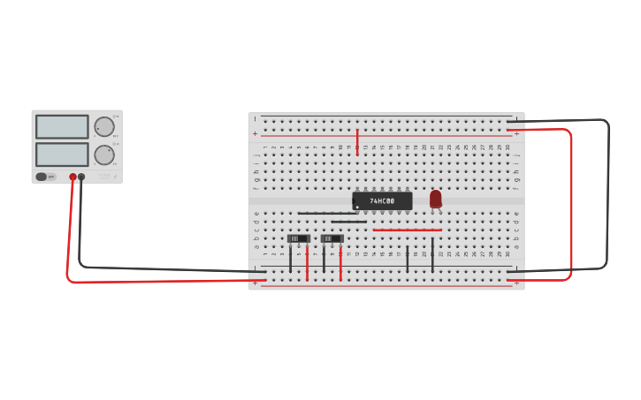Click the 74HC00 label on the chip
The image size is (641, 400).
(383, 201)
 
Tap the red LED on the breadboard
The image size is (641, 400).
(436, 199)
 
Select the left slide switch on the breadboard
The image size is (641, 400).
(299, 238)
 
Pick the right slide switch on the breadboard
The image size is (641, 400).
(332, 238)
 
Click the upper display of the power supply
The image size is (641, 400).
(62, 127)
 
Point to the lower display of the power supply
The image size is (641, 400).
(62, 155)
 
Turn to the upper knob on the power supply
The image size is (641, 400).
(104, 126)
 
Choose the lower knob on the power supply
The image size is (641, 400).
(104, 155)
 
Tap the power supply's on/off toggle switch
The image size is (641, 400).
(41, 177)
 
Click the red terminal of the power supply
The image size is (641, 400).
(72, 177)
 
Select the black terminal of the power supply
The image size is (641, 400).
(81, 177)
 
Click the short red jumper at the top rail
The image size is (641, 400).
(357, 142)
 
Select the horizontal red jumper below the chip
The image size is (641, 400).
(407, 230)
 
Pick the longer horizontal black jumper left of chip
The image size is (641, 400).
(327, 214)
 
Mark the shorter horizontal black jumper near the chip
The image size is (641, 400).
(348, 222)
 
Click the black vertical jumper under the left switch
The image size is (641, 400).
(290, 258)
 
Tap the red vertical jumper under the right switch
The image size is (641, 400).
(340, 263)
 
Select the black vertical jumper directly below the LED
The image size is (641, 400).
(432, 254)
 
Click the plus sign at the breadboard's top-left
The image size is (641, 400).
(256, 133)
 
